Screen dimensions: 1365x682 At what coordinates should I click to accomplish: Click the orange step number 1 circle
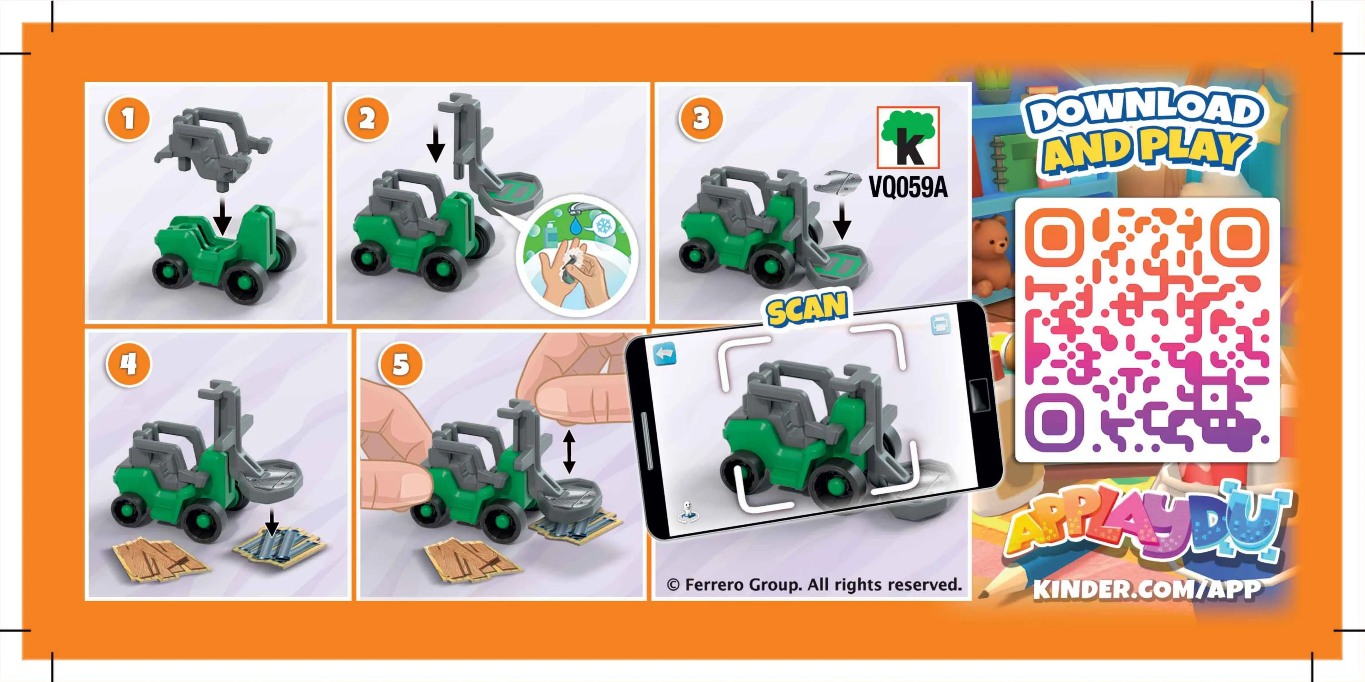pyautogui.click(x=128, y=118)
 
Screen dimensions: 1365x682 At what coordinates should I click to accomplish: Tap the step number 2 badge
pyautogui.click(x=367, y=118)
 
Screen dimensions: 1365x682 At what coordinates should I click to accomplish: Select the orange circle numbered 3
pyautogui.click(x=700, y=118)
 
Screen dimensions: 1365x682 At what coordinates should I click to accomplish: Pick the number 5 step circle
pyautogui.click(x=401, y=364)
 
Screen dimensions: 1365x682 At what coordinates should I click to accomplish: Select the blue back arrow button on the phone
pyautogui.click(x=665, y=354)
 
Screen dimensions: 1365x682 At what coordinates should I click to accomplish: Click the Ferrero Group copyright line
pyautogui.click(x=814, y=585)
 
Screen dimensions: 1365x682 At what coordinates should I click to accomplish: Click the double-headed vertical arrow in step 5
pyautogui.click(x=569, y=451)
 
